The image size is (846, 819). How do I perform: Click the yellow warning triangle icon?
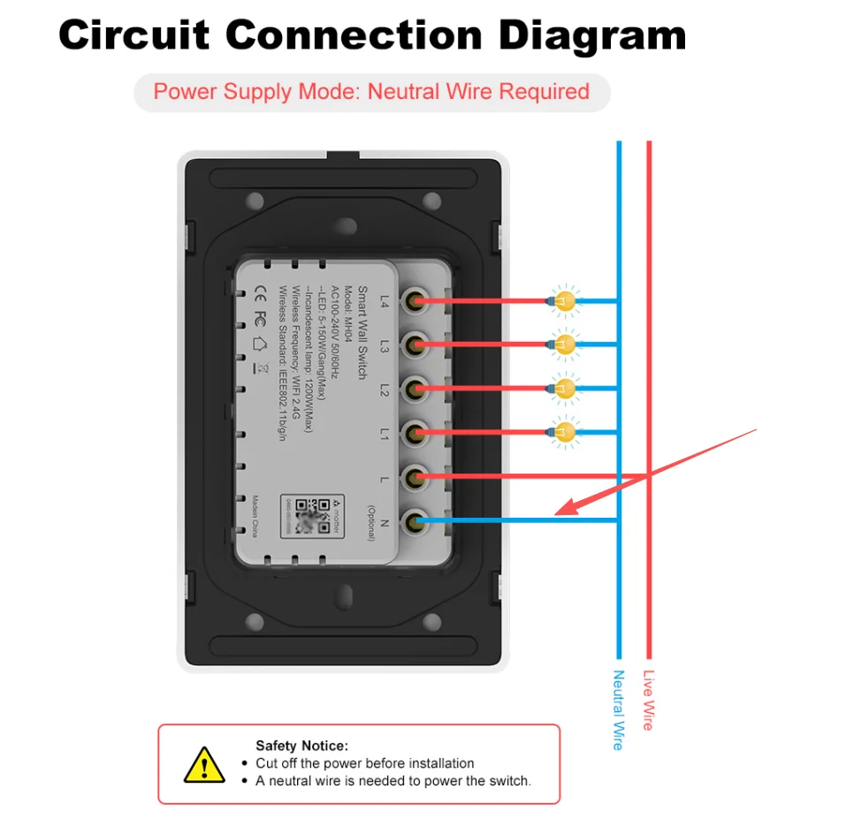204,764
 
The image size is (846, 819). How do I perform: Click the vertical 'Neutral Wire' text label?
618,709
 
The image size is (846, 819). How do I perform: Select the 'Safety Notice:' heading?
301,746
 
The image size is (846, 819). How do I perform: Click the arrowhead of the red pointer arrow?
561,510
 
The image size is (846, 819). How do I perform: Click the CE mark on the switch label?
262,291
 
